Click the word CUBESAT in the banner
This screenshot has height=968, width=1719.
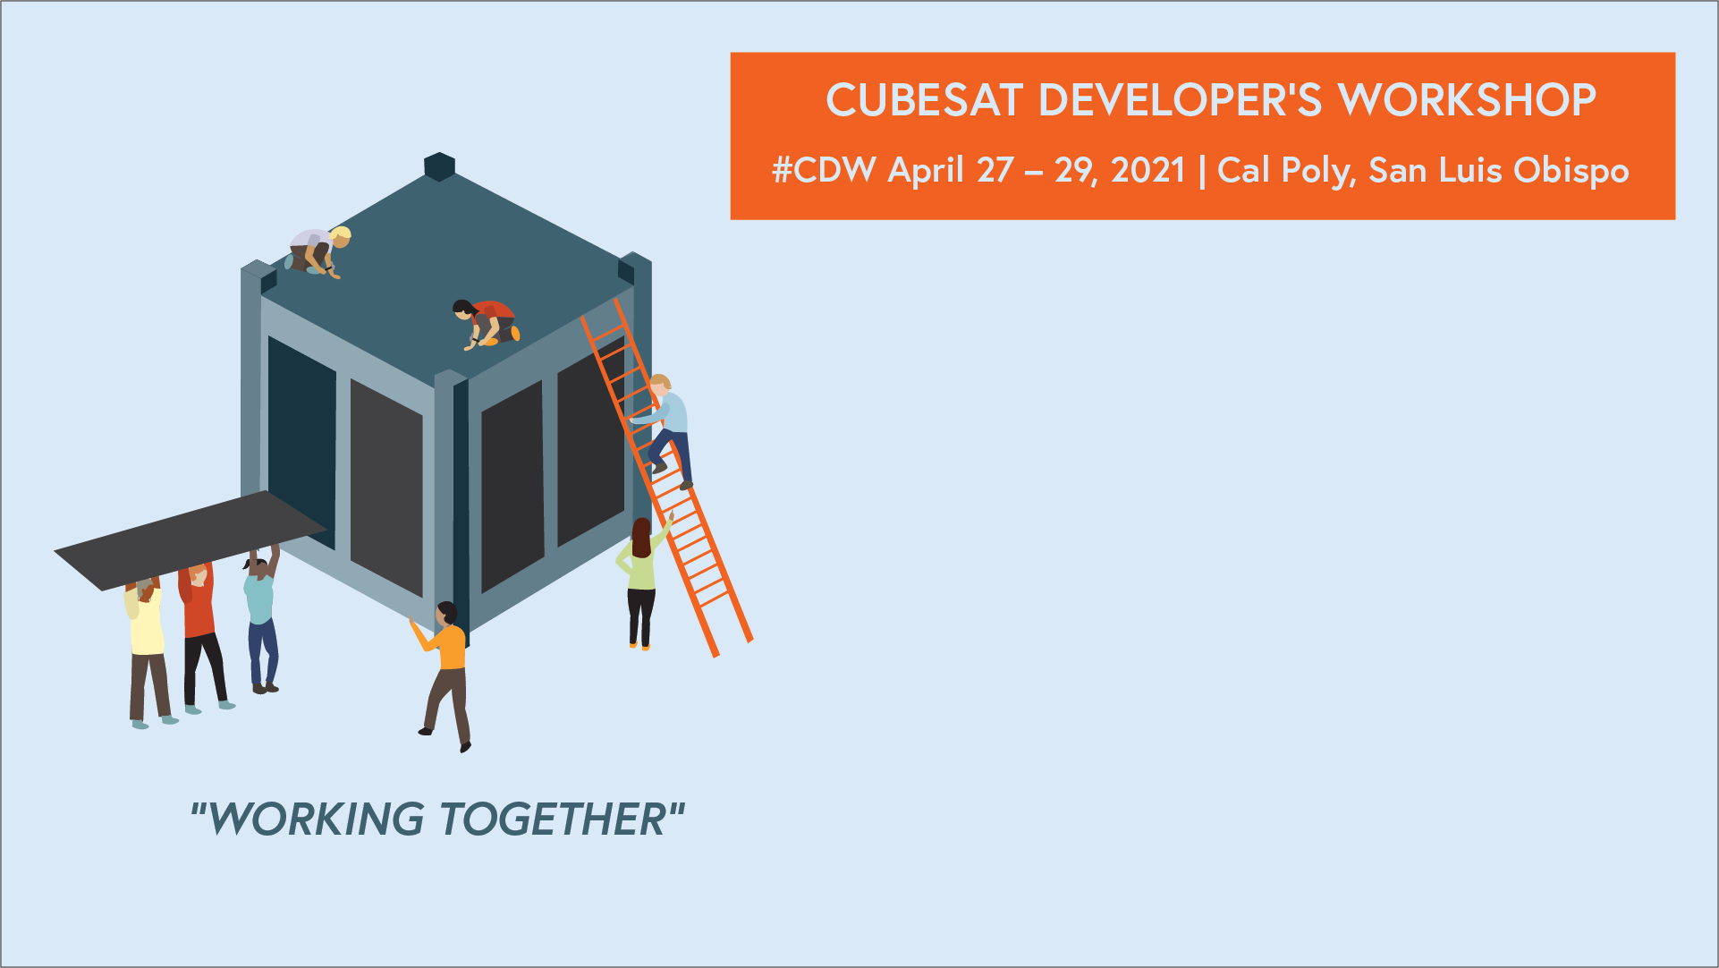[x=924, y=100]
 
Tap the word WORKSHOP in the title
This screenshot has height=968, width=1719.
[x=1467, y=100]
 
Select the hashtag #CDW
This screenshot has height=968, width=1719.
[x=824, y=170]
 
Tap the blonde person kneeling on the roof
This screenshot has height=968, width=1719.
[x=318, y=250]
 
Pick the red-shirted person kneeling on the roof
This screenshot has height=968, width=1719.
[x=487, y=323]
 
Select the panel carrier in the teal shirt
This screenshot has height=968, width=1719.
[x=260, y=617]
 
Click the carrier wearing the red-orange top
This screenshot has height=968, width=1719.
[x=199, y=626]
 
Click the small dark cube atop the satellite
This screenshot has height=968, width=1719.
[x=439, y=166]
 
